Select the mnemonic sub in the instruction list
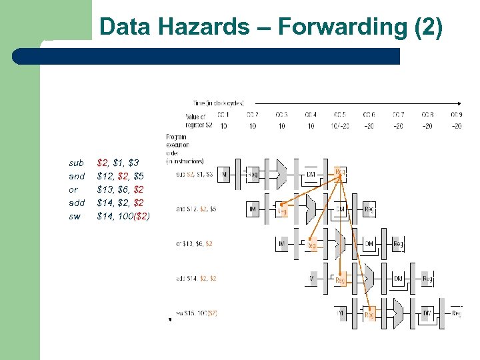point(76,163)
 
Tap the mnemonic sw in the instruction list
point(75,216)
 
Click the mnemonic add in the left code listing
point(77,203)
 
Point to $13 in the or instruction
point(105,189)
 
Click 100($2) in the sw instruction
point(134,216)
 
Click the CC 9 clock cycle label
point(456,115)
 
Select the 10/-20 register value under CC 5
point(340,126)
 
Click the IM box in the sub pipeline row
point(225,175)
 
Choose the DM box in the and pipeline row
point(340,209)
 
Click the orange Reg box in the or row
point(311,245)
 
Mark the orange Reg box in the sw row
point(370,313)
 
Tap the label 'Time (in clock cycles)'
point(219,103)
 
